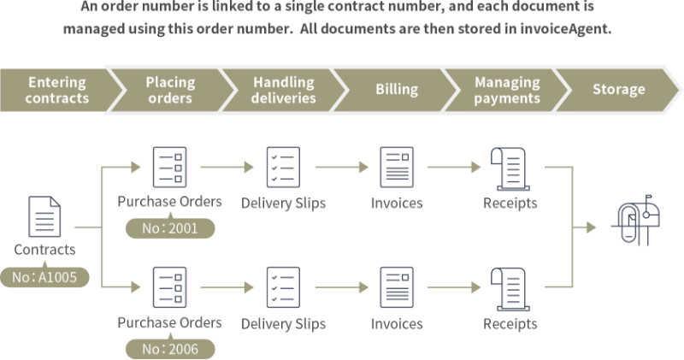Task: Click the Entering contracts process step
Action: (56, 90)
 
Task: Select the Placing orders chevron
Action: (170, 90)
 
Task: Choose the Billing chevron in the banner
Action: (397, 90)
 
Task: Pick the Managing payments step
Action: (507, 90)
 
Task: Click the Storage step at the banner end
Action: (618, 90)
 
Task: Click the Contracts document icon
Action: (45, 216)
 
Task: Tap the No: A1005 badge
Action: (45, 277)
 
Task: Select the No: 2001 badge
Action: (170, 229)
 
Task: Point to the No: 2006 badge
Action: (170, 349)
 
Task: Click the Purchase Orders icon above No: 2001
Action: (169, 167)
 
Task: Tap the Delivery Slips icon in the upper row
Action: (282, 167)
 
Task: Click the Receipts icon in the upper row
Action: (508, 167)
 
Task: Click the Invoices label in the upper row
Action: (396, 204)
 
